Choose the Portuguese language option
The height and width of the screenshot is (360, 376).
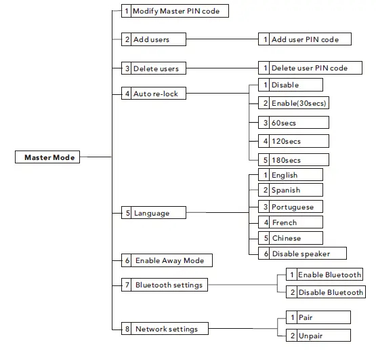(290, 206)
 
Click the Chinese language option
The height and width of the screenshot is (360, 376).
(290, 238)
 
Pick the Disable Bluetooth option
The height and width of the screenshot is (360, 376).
(325, 292)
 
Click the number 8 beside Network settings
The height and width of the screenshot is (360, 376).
(127, 329)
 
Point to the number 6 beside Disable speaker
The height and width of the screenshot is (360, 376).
(266, 254)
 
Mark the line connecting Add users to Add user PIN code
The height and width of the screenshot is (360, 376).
(213, 39)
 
